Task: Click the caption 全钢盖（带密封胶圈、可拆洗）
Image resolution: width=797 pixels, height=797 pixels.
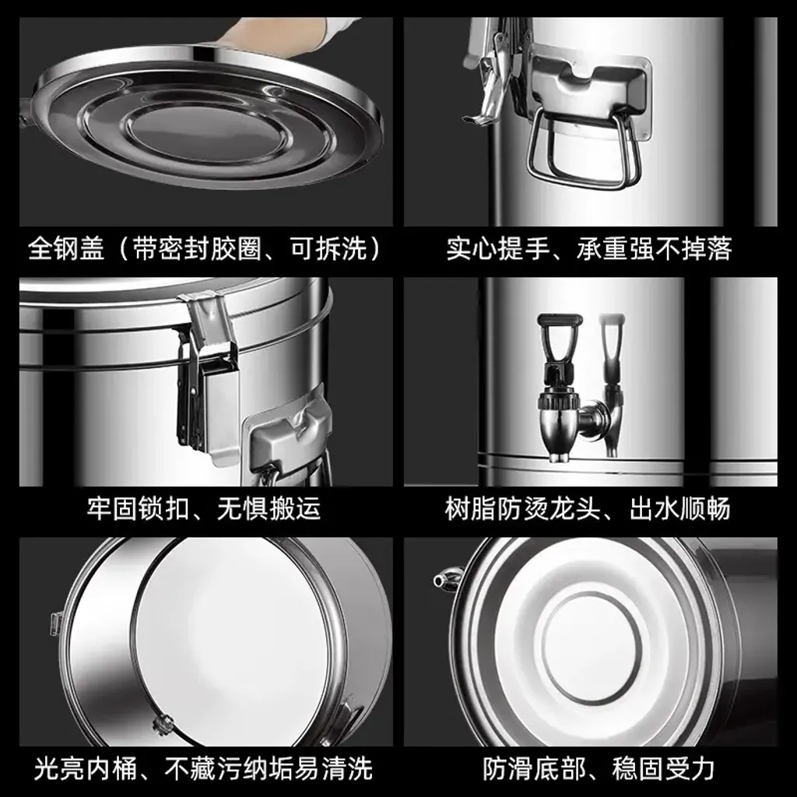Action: click(205, 249)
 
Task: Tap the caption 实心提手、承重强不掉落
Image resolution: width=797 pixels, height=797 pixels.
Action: click(589, 249)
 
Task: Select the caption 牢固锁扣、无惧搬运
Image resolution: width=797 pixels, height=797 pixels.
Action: click(204, 508)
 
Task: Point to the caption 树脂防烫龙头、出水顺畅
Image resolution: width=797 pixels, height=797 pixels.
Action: click(588, 508)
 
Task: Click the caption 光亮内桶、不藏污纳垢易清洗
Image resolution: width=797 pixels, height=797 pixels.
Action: click(204, 768)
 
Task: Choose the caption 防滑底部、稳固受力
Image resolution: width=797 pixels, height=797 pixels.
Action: click(599, 768)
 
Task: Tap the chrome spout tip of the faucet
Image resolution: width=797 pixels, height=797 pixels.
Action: click(558, 456)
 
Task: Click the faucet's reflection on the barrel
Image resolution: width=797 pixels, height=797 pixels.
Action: click(613, 384)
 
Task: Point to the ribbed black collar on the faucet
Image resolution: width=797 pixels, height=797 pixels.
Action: click(559, 399)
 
